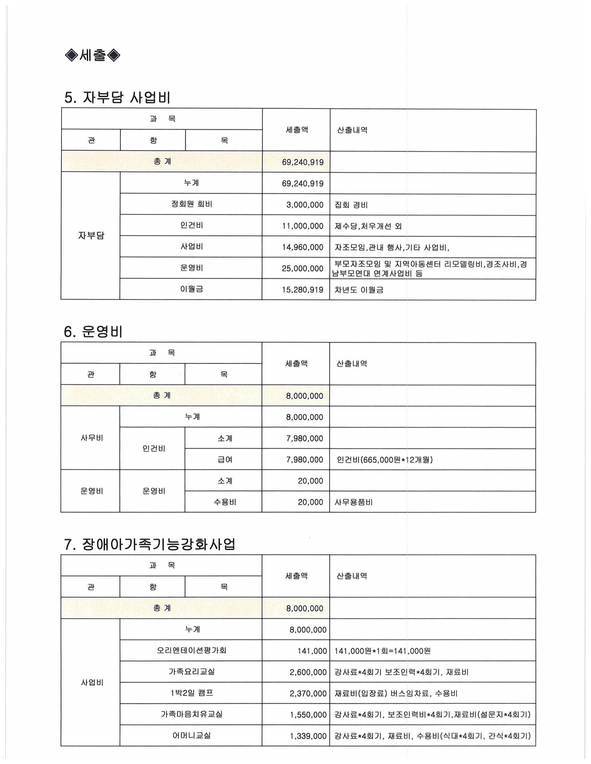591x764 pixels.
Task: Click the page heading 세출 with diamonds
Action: click(93, 55)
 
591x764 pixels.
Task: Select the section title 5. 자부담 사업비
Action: click(117, 97)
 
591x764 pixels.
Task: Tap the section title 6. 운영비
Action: click(93, 331)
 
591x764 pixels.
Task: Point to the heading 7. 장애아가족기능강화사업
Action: click(149, 544)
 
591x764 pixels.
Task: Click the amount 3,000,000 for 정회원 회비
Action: click(305, 205)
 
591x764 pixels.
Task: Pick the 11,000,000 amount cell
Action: click(302, 226)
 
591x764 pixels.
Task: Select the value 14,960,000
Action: click(302, 247)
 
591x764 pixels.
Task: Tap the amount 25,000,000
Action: click(302, 269)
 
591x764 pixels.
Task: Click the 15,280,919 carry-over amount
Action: click(302, 290)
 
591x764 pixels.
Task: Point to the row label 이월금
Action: click(192, 289)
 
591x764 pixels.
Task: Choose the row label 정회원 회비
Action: click(192, 204)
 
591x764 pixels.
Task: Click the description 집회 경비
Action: click(351, 205)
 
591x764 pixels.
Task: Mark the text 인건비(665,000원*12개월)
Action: click(384, 460)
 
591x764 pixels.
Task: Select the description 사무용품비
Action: click(354, 503)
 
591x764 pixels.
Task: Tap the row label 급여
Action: click(225, 460)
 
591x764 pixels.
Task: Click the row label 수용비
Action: click(225, 503)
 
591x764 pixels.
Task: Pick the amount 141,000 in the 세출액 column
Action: click(312, 651)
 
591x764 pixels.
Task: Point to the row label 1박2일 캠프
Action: click(192, 693)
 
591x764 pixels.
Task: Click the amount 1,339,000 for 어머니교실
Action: click(308, 736)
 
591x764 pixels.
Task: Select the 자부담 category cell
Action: click(91, 236)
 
